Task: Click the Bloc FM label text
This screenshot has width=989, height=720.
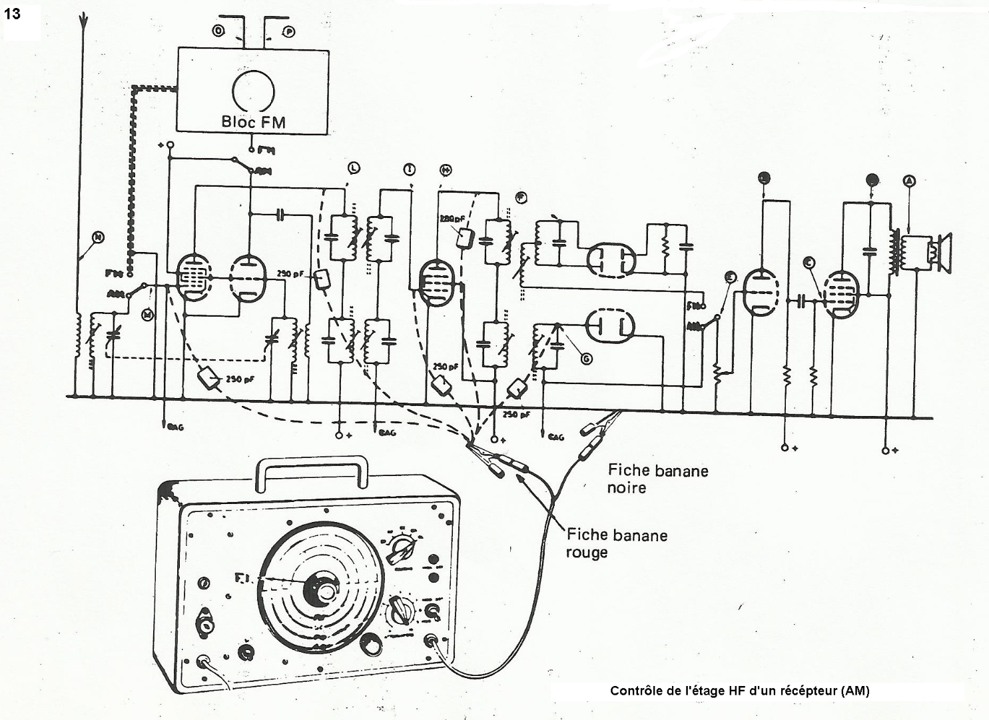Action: coord(252,122)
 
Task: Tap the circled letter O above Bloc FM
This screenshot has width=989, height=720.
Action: coord(218,31)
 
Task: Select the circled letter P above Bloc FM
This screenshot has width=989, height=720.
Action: coord(289,31)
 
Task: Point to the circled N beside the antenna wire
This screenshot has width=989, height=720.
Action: coord(98,237)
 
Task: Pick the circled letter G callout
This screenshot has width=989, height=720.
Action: coord(586,359)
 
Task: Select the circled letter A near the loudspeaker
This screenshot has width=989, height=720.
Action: coord(910,180)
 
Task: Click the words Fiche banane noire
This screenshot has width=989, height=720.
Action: coord(657,479)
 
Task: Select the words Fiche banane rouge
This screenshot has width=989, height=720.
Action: coord(617,543)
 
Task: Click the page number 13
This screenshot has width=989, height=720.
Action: coord(13,13)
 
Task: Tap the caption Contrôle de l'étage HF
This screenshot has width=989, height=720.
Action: coord(739,691)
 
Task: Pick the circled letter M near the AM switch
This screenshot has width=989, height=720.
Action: coord(147,315)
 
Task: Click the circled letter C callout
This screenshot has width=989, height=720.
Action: coord(809,262)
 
